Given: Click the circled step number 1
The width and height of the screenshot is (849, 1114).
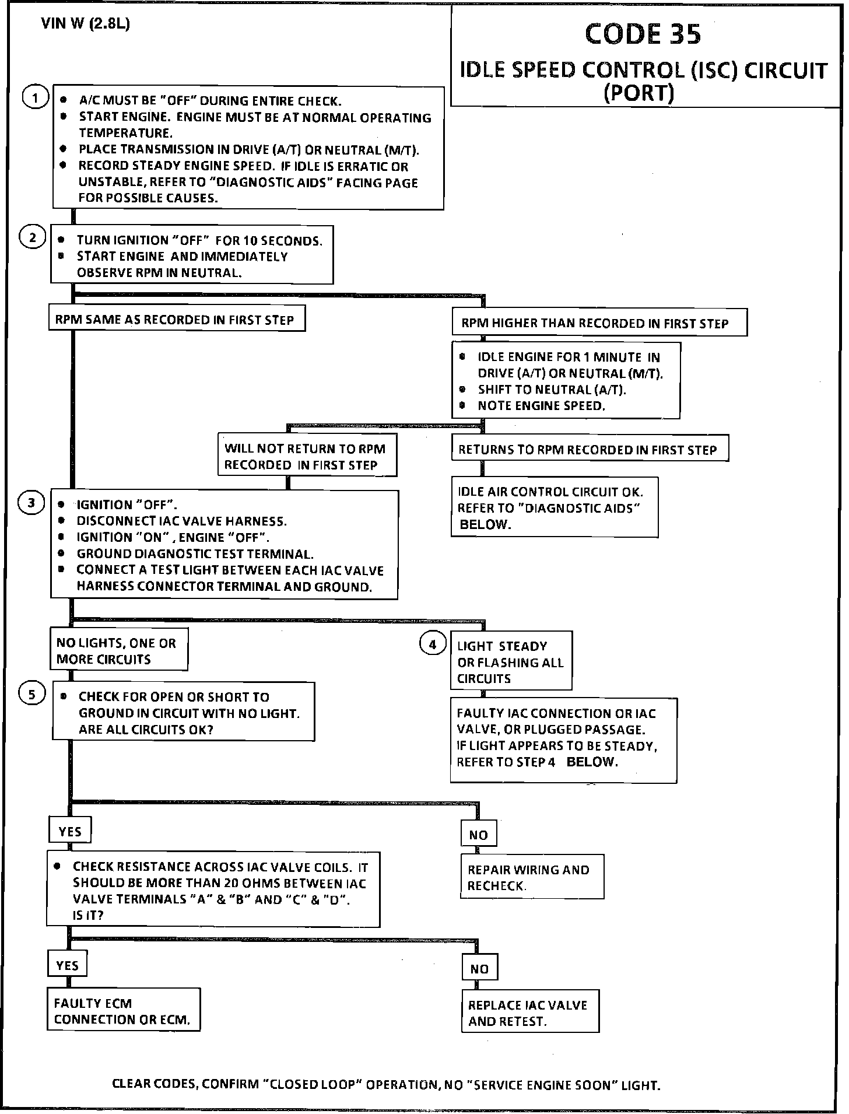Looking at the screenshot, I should click(x=34, y=99).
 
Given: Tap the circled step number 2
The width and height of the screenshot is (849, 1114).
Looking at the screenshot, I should click(x=33, y=237).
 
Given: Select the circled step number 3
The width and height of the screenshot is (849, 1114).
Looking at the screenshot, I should click(x=31, y=503).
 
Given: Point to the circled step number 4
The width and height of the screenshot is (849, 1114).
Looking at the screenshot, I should click(x=432, y=644).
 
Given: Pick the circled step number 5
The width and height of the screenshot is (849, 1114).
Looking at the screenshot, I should click(x=31, y=694).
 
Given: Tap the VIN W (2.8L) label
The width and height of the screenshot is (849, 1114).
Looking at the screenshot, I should click(x=85, y=24).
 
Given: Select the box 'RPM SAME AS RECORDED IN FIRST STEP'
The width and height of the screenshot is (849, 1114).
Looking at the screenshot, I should click(x=177, y=319).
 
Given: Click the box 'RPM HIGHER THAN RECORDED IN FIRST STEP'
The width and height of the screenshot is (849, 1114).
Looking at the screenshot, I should click(x=599, y=323).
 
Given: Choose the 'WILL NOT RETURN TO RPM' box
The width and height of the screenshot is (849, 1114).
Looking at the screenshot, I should click(x=307, y=456).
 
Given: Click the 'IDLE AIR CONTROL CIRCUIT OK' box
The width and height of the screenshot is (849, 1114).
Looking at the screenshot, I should click(x=554, y=507).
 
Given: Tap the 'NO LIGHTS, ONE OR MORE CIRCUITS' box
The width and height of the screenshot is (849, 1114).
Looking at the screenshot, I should click(x=118, y=651).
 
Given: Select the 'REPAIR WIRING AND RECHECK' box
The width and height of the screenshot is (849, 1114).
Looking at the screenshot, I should click(x=531, y=877).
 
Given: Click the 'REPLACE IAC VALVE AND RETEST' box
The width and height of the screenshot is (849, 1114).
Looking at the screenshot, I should click(x=530, y=1013).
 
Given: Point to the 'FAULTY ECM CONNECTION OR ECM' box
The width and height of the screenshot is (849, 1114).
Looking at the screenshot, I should click(x=123, y=1011).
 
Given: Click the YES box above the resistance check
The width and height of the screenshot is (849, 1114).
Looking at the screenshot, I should click(x=70, y=832).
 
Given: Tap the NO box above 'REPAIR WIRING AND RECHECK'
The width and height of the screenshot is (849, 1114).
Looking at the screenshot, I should click(x=478, y=835).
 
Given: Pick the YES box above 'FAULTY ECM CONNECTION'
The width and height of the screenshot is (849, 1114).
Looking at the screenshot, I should click(x=67, y=965).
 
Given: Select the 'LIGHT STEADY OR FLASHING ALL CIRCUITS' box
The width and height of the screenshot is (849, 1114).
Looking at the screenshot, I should click(x=510, y=662).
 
